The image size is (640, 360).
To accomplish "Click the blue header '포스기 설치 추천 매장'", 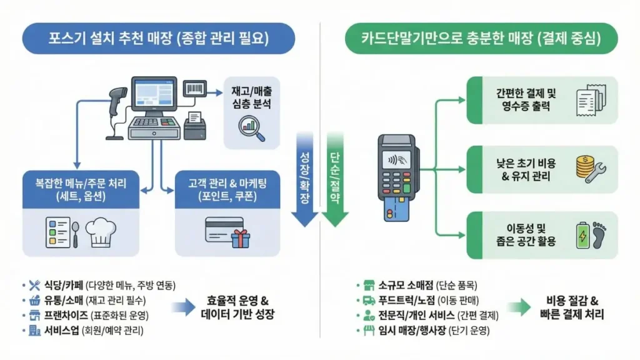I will click(149, 38).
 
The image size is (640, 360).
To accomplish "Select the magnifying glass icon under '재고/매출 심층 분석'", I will click(252, 126).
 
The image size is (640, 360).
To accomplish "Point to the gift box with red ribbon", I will click(239, 238).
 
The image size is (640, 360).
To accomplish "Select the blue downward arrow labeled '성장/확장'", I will click(306, 181).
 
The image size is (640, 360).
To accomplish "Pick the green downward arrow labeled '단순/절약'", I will click(336, 181).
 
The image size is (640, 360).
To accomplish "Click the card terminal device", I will click(396, 177).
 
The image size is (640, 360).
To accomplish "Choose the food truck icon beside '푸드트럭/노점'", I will click(369, 300).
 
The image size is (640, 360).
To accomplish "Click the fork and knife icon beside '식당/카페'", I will click(34, 285).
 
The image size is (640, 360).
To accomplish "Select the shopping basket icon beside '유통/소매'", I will click(34, 300).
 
